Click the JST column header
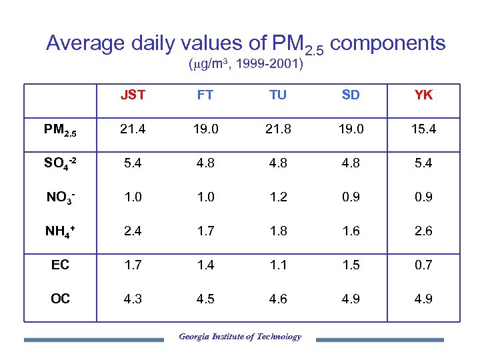tap(133, 95)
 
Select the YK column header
tap(423, 95)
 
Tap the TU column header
tap(278, 95)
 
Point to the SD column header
tap(351, 95)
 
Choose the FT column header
tap(205, 95)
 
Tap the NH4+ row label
tap(60, 231)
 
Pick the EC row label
tap(60, 265)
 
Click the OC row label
tap(60, 299)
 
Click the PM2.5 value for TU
tap(278, 129)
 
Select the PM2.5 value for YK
tap(423, 129)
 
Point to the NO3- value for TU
tap(278, 197)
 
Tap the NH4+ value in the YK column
tap(423, 231)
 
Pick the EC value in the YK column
tap(423, 265)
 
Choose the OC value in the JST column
tap(133, 299)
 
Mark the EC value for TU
tap(278, 265)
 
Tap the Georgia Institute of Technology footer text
tap(240, 337)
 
